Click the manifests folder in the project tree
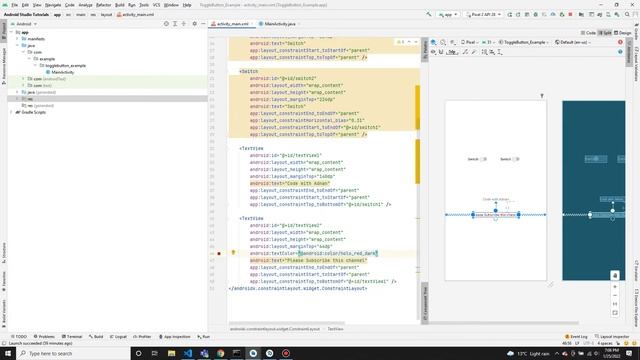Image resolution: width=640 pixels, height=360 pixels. coord(36,38)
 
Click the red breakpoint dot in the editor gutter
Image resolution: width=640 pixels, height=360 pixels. coord(219,254)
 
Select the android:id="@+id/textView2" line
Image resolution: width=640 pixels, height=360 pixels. coord(296,226)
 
